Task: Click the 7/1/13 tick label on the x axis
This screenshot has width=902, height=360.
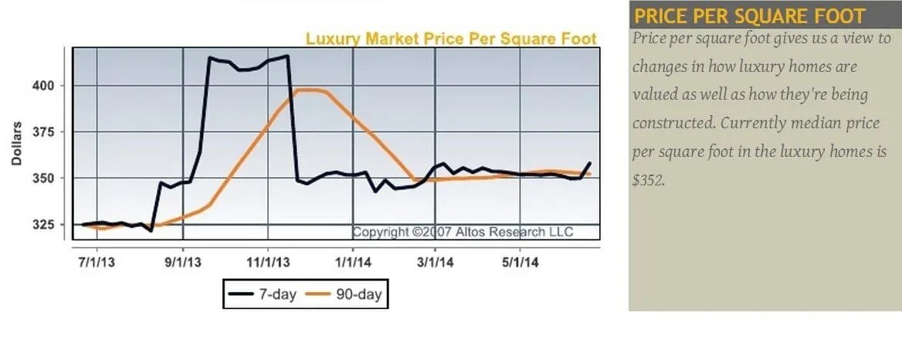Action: [97, 262]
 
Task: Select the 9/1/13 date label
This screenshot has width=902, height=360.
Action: [183, 262]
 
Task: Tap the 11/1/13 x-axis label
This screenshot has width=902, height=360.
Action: [269, 262]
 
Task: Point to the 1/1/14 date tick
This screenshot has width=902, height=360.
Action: [353, 262]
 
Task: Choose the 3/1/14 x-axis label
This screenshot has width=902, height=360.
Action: [435, 262]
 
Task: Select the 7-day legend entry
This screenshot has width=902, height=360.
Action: [263, 294]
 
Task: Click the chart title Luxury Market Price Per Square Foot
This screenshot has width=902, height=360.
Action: [451, 39]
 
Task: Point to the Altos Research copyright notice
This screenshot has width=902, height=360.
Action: [463, 232]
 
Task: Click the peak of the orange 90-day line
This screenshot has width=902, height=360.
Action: [307, 90]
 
